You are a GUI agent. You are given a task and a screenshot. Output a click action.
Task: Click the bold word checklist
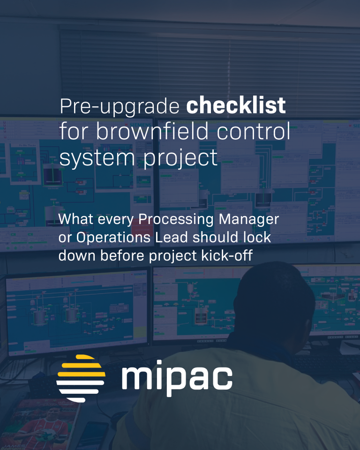(236, 106)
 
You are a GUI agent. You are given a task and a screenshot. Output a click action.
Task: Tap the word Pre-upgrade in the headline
(120, 107)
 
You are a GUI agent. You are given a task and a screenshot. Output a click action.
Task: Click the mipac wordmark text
(177, 378)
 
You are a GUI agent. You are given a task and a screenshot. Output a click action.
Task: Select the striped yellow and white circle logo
(81, 378)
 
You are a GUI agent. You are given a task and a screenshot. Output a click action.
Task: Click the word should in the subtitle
(223, 237)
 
